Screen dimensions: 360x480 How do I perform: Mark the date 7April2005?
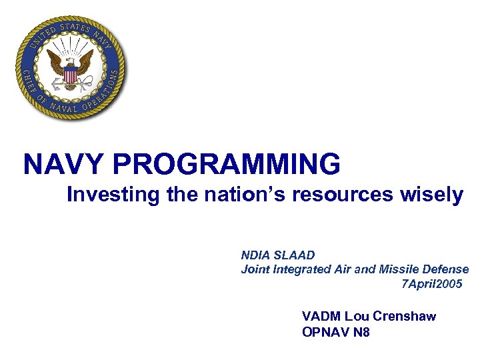point(431,284)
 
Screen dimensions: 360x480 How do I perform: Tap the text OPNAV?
point(326,331)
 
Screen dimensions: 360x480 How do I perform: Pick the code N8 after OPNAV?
point(361,331)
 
